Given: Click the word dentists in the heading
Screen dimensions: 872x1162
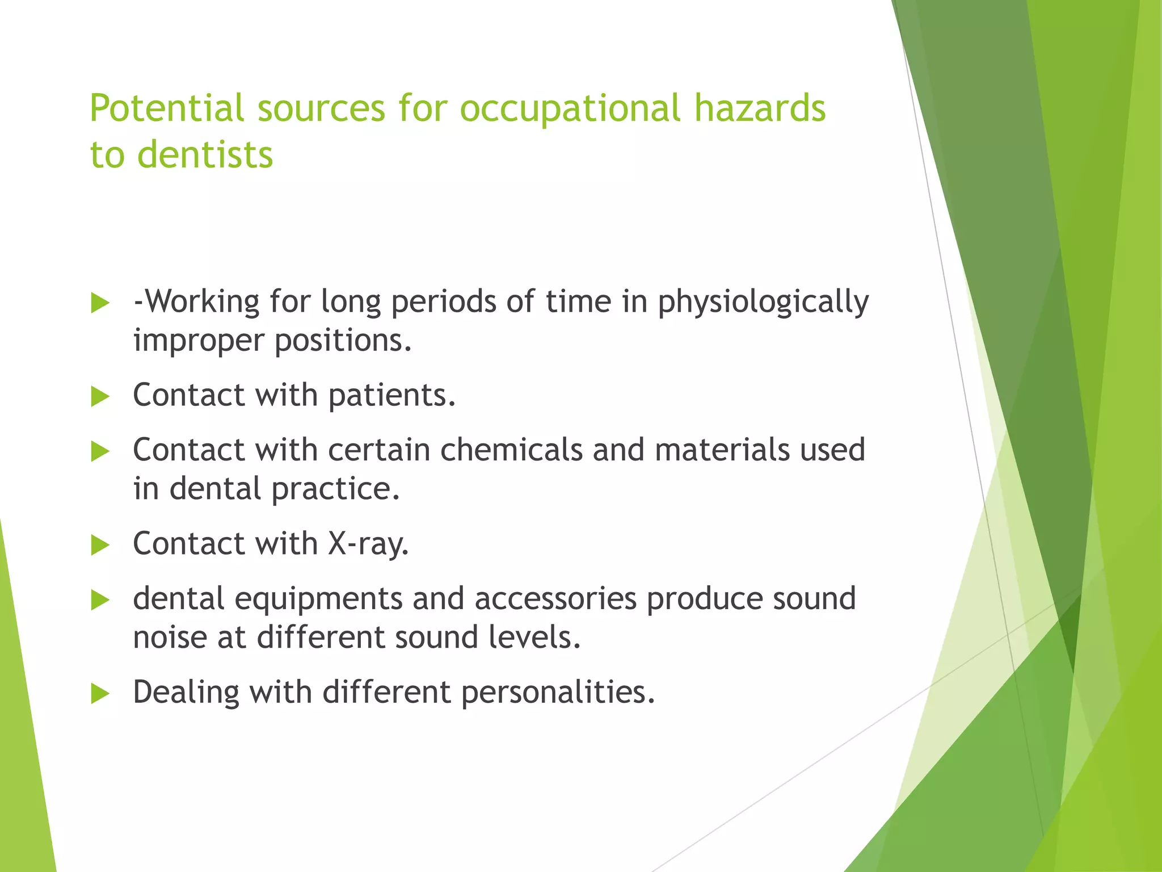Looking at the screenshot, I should tap(205, 154).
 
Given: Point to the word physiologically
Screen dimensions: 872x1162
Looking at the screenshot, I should tap(763, 302).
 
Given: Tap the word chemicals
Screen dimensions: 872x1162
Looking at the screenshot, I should tap(511, 450).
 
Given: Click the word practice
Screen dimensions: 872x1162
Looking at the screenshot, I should tap(335, 489).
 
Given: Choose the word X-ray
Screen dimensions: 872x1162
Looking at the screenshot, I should tap(368, 543).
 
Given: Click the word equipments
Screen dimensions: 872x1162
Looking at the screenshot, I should tap(318, 599).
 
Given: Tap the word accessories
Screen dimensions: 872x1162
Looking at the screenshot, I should tap(555, 598).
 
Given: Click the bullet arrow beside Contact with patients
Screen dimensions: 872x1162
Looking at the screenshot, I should tap(100, 396).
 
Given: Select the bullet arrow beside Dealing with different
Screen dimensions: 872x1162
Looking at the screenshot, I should tap(100, 694).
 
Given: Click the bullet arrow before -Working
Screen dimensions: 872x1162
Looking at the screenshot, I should tap(100, 303).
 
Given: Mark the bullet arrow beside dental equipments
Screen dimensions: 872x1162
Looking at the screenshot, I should tap(100, 600).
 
